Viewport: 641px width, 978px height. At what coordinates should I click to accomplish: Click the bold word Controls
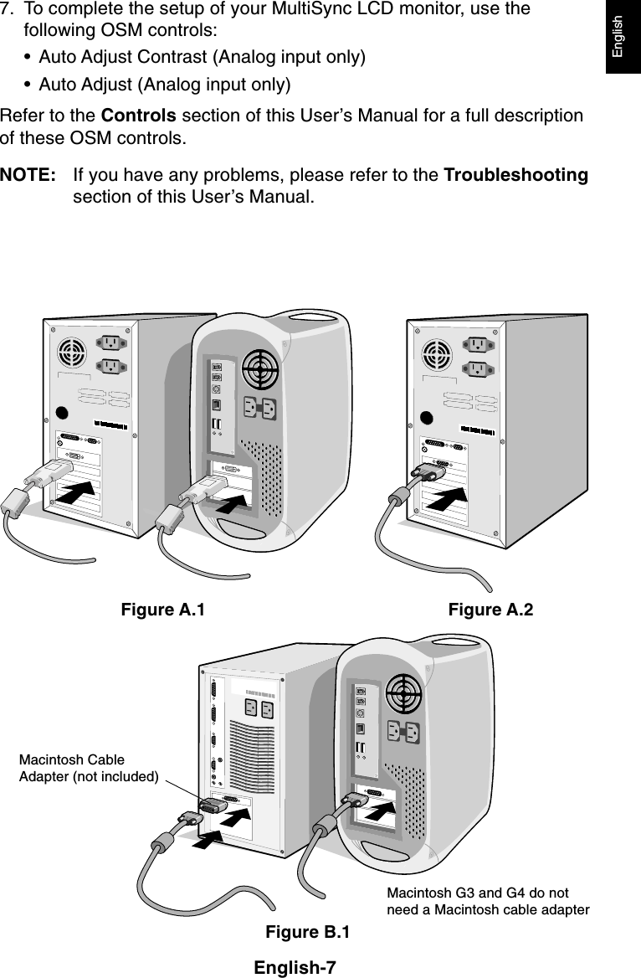coord(138,115)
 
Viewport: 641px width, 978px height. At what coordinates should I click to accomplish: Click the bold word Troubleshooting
coord(515,176)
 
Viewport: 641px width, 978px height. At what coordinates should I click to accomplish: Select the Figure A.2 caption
coord(490,610)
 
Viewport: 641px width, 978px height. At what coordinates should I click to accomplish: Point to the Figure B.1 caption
coord(308,932)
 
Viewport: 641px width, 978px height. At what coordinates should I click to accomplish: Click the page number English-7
coord(295,968)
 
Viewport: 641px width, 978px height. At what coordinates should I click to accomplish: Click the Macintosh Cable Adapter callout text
coord(89,768)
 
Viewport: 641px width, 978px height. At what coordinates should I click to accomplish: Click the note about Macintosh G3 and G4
coord(488,902)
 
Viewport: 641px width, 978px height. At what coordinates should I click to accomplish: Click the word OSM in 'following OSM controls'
coord(115,31)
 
